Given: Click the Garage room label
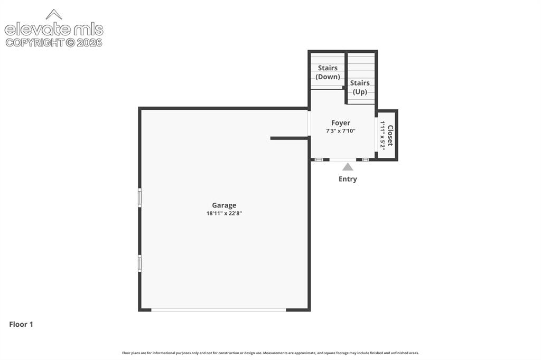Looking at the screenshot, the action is (224, 205).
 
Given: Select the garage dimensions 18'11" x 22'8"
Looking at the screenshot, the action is (224, 213).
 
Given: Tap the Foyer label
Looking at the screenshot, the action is (341, 123).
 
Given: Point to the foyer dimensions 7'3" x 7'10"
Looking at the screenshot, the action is (341, 131).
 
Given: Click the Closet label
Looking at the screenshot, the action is (390, 136).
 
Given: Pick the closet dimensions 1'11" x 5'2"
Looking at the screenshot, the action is (383, 135).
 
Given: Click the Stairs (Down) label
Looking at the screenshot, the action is (328, 72).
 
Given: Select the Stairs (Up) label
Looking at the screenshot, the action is (360, 87).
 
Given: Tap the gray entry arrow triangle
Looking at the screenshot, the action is (348, 167).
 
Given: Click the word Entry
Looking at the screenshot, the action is (348, 179).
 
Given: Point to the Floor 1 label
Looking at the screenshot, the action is (21, 325).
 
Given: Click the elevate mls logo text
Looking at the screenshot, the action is (54, 30).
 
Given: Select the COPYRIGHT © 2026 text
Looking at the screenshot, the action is (54, 43).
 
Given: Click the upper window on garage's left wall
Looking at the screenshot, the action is (139, 197).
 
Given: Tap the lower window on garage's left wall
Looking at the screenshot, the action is (139, 263).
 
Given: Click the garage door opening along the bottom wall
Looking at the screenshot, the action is (219, 310).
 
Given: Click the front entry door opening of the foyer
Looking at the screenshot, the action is (343, 159).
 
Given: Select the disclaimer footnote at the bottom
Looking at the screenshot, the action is (270, 353).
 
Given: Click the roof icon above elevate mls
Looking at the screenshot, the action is (54, 14).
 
